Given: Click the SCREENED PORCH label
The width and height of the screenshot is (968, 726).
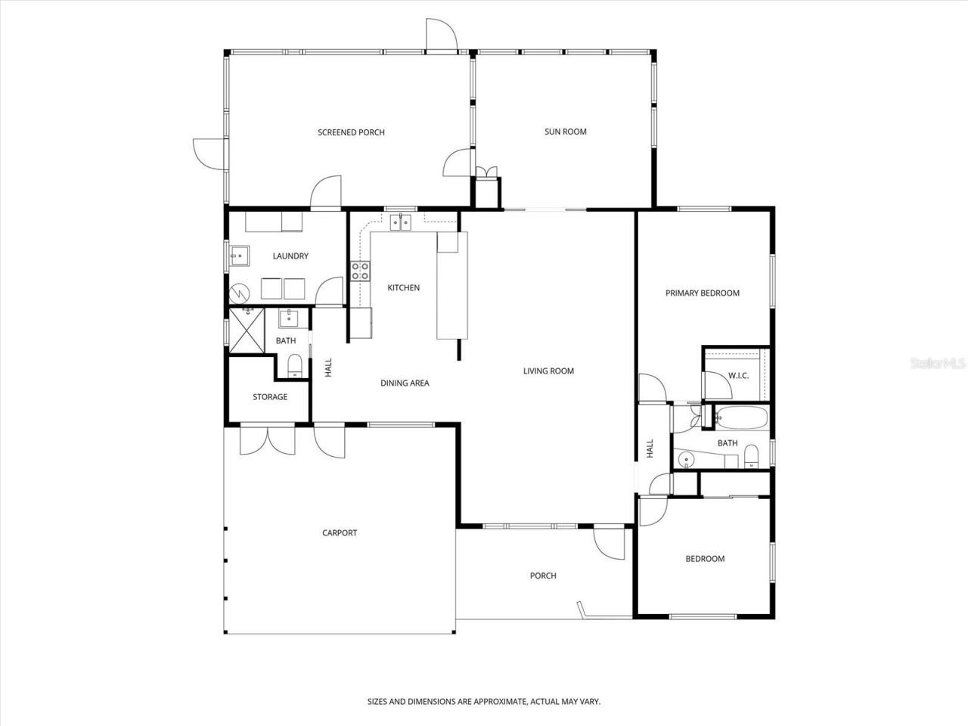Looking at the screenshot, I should pos(351,132).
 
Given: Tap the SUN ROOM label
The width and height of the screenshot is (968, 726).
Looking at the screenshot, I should pos(565,132).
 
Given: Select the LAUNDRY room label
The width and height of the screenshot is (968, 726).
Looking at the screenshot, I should pos(290,256).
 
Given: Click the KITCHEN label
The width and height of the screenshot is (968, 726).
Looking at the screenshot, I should pos(403,287).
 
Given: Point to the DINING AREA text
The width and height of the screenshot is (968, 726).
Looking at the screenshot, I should pos(405,383).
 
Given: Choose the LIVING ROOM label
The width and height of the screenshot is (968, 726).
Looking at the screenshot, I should pos(548,371).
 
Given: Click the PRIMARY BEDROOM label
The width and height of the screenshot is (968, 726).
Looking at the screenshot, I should pos(702,293).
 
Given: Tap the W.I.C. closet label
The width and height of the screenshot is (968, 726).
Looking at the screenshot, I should pos(738,376).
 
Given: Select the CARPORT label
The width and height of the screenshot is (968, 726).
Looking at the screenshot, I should pos(340,532).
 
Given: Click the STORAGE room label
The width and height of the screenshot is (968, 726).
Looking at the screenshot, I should pos(269,397).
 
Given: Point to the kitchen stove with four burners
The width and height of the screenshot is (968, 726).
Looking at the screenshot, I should pos(360,271).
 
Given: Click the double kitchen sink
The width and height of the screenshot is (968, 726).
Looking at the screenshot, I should pos(400,222).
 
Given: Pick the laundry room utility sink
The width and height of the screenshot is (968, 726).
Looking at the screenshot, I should pos(240,256).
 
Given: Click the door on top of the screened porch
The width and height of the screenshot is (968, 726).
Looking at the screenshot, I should pos(440,36).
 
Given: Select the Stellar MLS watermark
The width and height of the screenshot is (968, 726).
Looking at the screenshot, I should pos(938,364).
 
